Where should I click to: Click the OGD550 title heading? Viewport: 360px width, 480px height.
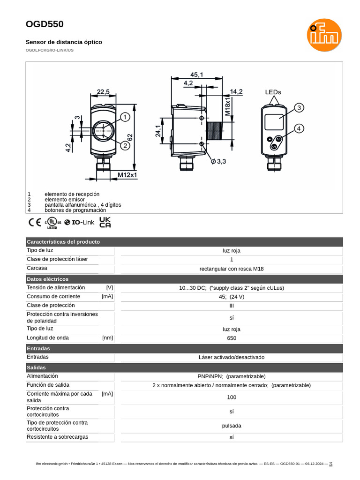click(x=45, y=24)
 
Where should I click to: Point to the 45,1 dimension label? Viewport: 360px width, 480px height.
click(x=196, y=75)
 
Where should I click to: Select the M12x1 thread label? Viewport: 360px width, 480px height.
click(x=127, y=175)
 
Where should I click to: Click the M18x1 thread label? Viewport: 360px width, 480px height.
click(x=227, y=106)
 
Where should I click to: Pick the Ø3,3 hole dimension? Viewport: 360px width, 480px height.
click(x=218, y=161)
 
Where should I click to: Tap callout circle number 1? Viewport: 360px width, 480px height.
click(x=125, y=117)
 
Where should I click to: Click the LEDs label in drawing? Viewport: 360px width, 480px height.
click(x=273, y=92)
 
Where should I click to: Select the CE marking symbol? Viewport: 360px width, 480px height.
click(x=35, y=222)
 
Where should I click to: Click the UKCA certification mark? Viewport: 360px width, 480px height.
click(x=105, y=222)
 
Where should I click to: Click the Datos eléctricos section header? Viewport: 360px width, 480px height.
click(x=47, y=279)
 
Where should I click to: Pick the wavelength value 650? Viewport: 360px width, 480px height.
click(x=232, y=338)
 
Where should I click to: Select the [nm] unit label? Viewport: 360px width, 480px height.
click(x=107, y=338)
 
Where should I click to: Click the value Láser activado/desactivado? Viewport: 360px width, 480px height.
click(x=232, y=358)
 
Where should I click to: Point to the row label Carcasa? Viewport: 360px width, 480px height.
click(x=37, y=269)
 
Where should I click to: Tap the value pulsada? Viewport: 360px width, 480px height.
click(x=232, y=426)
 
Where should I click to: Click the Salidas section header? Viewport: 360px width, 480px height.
click(x=36, y=368)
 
